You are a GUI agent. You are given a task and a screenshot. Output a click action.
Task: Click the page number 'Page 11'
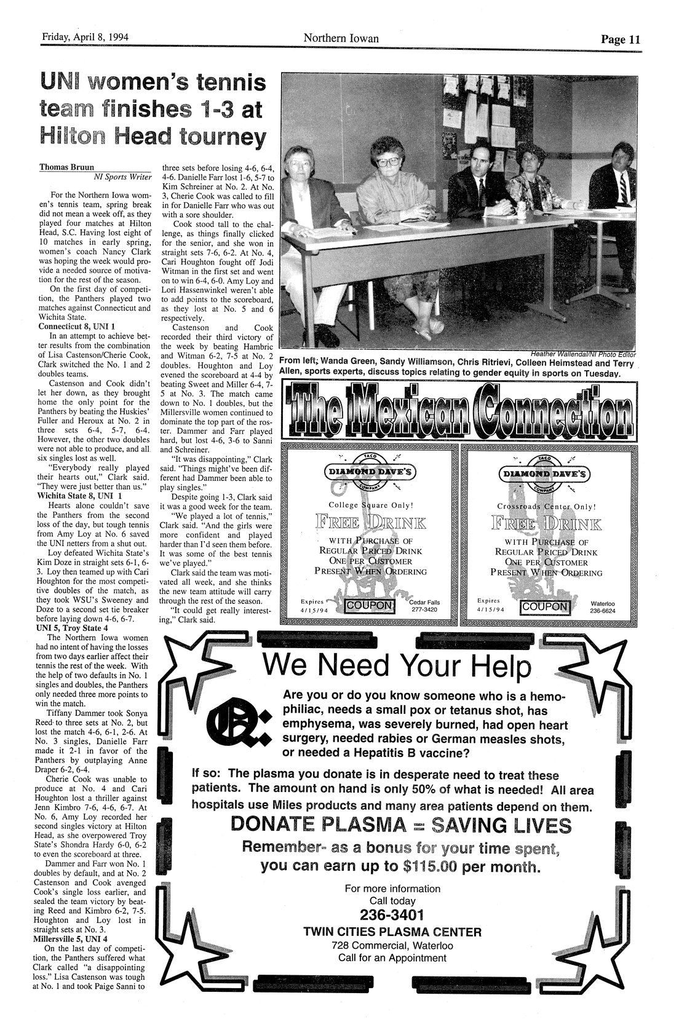pyautogui.click(x=621, y=39)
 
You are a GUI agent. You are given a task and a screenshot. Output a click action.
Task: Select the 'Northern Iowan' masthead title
pyautogui.click(x=341, y=39)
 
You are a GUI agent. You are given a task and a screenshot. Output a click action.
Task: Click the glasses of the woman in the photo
pyautogui.click(x=390, y=162)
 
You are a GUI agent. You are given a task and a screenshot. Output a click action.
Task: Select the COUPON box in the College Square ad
pyautogui.click(x=369, y=606)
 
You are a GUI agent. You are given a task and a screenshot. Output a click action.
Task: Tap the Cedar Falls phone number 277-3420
pyautogui.click(x=425, y=611)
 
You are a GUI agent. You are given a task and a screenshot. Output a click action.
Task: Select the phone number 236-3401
pyautogui.click(x=392, y=914)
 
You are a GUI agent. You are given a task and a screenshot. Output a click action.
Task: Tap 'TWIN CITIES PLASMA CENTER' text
pyautogui.click(x=392, y=932)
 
